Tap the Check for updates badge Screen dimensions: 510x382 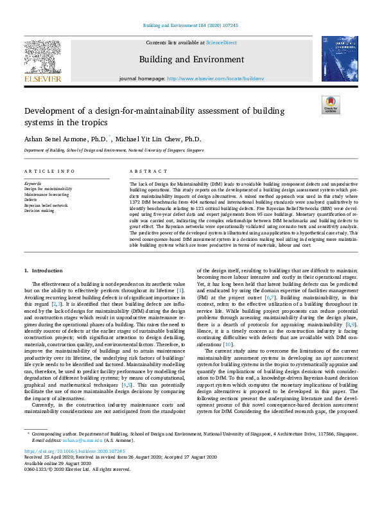click(331, 105)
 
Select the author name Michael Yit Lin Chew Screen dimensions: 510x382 click(158, 139)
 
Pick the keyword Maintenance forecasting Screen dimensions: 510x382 click(48, 195)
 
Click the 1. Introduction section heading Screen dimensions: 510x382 click(43, 272)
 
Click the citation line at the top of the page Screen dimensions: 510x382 click(191, 26)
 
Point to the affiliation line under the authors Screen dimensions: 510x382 click(114, 150)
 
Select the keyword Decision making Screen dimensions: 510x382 click(40, 210)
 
